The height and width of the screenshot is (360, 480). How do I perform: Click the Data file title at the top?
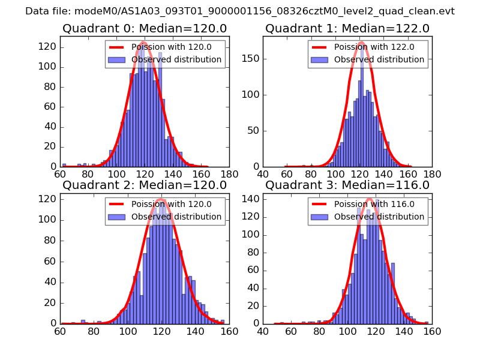tap(240, 11)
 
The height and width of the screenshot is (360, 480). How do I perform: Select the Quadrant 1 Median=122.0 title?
tap(347, 29)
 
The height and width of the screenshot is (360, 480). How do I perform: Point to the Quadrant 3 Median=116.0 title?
tap(347, 185)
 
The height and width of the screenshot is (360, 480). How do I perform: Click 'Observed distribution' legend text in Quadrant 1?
tap(379, 59)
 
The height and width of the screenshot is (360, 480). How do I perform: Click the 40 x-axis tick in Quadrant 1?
tap(263, 174)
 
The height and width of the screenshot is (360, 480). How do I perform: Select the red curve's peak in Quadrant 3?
tap(369, 199)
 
